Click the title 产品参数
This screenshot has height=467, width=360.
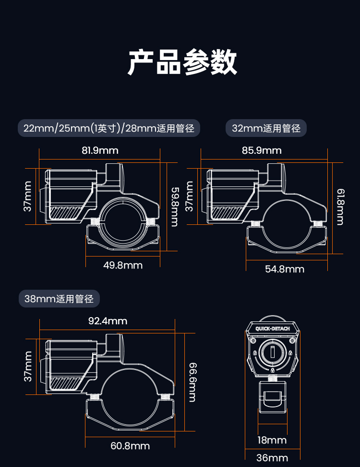[x=182, y=62]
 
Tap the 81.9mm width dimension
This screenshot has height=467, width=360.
[x=100, y=150]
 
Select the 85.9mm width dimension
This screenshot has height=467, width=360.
[x=262, y=150]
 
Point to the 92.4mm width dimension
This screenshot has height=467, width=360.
[x=108, y=321]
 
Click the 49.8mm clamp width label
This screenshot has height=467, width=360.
[x=123, y=265]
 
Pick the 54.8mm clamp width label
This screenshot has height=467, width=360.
[x=285, y=269]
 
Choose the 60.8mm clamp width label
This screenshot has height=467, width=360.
[x=130, y=446]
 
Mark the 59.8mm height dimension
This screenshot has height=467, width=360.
[x=175, y=207]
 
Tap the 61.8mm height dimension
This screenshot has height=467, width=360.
[x=341, y=207]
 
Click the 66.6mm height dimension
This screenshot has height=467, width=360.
[x=192, y=382]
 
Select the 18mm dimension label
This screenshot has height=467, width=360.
[x=272, y=440]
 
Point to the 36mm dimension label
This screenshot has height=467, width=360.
[x=272, y=458]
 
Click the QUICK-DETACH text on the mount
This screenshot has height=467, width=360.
[x=273, y=329]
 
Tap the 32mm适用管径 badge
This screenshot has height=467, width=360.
[x=266, y=128]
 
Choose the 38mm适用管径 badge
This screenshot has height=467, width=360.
[x=59, y=298]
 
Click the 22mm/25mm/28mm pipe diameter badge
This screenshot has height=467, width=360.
[x=109, y=128]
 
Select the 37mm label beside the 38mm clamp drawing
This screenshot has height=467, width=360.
[x=28, y=366]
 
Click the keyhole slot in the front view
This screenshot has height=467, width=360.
[x=273, y=352]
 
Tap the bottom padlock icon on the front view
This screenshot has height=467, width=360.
[x=273, y=370]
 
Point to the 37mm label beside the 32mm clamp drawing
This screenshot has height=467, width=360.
[x=189, y=197]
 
